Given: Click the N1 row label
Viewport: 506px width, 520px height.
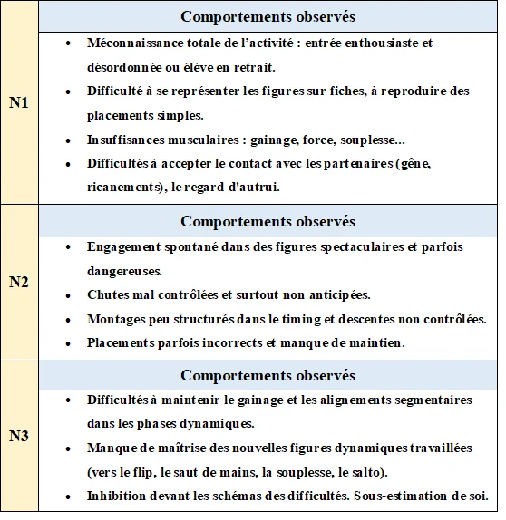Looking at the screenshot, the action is tap(19, 103).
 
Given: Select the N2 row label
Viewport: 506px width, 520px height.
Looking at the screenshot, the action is tap(19, 282).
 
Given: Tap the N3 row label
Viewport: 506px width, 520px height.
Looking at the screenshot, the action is tap(19, 436).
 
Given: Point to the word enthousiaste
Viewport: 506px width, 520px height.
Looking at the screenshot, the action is tap(385, 43).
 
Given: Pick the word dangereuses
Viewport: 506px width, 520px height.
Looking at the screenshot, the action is tap(124, 270).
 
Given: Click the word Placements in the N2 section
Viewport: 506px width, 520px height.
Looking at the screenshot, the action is tap(121, 343).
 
